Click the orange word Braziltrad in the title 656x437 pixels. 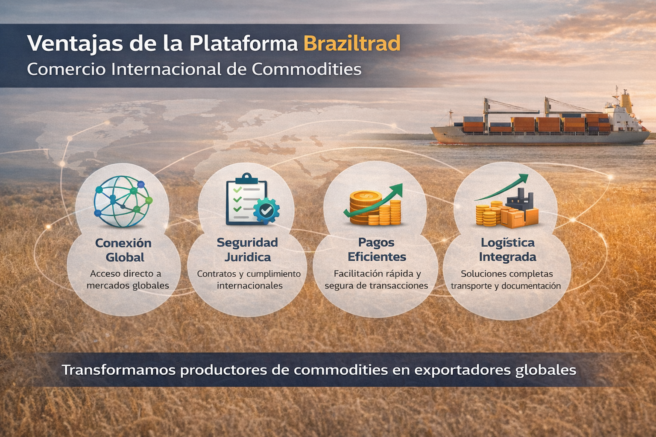352,44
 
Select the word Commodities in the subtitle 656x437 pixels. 306,69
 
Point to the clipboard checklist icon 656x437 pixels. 246,200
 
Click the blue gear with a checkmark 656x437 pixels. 266,210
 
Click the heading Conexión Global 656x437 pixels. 123,250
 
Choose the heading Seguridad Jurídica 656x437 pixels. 247,250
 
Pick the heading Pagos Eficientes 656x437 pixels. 377,250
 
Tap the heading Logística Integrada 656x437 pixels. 507,250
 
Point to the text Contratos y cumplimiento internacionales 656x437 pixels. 249,280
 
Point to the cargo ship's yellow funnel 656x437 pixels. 626,100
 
